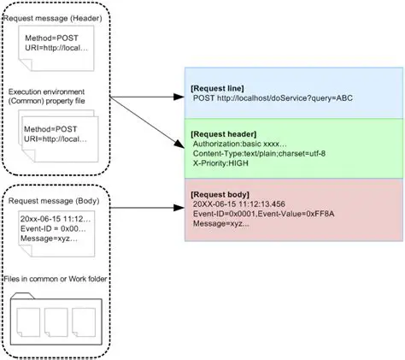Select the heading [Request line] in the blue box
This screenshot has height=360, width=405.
(x=220, y=88)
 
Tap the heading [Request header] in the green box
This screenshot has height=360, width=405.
(x=225, y=133)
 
